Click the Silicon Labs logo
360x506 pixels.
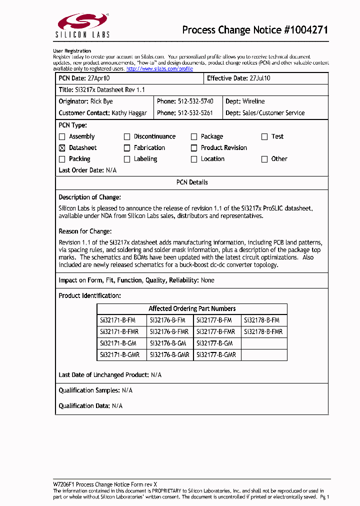[82, 25]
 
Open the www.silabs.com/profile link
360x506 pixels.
[159, 68]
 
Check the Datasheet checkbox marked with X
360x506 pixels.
[62, 148]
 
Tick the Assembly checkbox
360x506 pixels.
[62, 136]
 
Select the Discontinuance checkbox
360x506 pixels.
[127, 136]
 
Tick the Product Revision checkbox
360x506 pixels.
[194, 148]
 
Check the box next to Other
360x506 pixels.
[264, 159]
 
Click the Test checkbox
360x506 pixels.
[264, 136]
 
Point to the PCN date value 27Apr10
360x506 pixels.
[99, 78]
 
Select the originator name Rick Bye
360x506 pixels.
[101, 101]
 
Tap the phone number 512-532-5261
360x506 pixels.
[195, 113]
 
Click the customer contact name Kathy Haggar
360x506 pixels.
[129, 113]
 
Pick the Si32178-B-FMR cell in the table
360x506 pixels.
[263, 331]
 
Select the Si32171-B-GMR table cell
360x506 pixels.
[119, 354]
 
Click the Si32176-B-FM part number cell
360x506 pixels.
[167, 320]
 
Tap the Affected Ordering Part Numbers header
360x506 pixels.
[192, 309]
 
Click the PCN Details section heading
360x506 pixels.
[192, 182]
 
